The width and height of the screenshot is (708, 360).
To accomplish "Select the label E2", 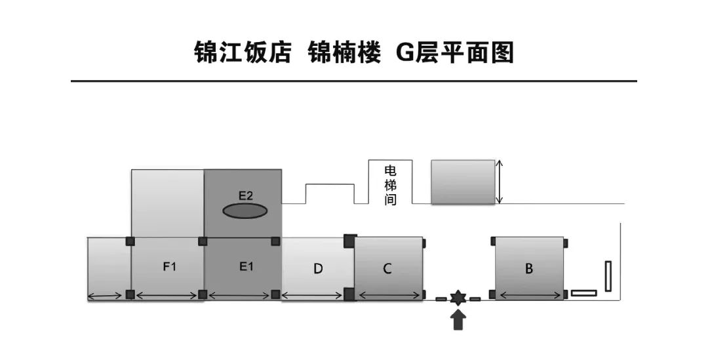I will pyautogui.click(x=245, y=195).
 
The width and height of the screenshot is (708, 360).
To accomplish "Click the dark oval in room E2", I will pyautogui.click(x=245, y=211).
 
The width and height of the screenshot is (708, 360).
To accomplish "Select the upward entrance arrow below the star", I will pyautogui.click(x=458, y=321).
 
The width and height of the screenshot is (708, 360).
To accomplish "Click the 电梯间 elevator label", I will pyautogui.click(x=391, y=185).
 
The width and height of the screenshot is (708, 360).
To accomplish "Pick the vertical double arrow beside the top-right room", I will pyautogui.click(x=500, y=182).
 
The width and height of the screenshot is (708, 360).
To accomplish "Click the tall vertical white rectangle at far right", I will pyautogui.click(x=608, y=276).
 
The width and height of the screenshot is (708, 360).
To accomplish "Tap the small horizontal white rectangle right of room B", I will pyautogui.click(x=583, y=292).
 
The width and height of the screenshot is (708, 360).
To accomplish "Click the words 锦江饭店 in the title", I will pyautogui.click(x=243, y=53).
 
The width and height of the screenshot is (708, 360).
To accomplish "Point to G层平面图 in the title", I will pyautogui.click(x=455, y=53).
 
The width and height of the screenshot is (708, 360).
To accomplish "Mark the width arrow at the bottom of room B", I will pyautogui.click(x=530, y=296).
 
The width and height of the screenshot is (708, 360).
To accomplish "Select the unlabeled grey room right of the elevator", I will pyautogui.click(x=463, y=182).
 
